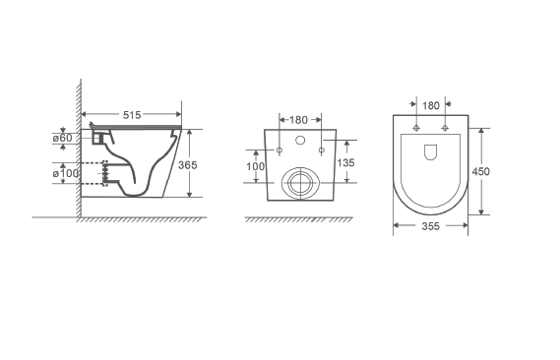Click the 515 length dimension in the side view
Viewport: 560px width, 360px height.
[x=131, y=115]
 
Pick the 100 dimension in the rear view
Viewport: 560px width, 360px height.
[x=256, y=166]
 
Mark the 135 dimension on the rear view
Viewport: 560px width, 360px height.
[x=345, y=161]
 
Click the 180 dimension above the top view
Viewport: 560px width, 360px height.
[x=431, y=105]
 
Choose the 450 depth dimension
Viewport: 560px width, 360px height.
[x=481, y=170]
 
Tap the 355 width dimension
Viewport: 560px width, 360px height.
[x=430, y=226]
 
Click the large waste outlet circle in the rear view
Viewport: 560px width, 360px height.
[x=300, y=183]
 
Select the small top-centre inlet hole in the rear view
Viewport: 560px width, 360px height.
[x=300, y=140]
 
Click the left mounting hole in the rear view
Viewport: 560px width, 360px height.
[x=280, y=150]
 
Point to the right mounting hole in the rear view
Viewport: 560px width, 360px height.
[x=322, y=150]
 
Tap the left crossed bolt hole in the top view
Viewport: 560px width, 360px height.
[x=417, y=129]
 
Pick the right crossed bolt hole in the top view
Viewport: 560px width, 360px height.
[x=445, y=129]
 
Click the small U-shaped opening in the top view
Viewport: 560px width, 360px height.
[x=431, y=152]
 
